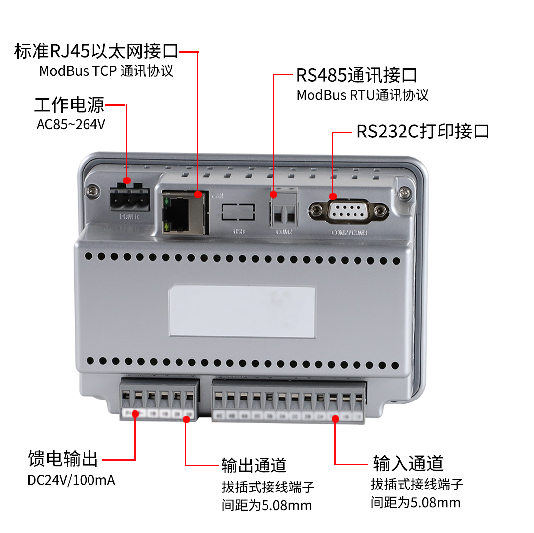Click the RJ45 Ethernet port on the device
pos(183,212)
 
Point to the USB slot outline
pos(238,212)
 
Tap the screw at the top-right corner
pos(404,191)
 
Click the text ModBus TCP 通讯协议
pos(106,71)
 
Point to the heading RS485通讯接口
pos(356,75)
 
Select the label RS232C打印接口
pos(423,132)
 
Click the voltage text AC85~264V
pos(71,124)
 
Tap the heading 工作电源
pos(69,105)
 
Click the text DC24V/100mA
pos(71,480)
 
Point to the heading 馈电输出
pos(63,459)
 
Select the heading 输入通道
pos(408,464)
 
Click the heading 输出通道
pos(254,465)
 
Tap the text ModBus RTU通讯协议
pos(362,95)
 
